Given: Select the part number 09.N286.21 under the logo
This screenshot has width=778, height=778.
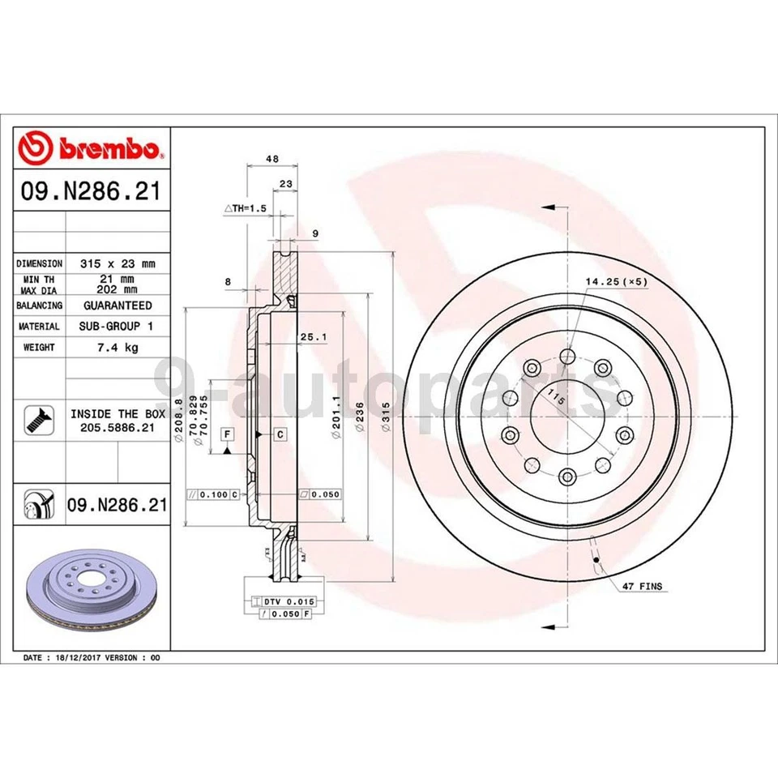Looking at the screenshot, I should [91, 193].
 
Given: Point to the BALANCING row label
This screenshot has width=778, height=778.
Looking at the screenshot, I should [39, 306].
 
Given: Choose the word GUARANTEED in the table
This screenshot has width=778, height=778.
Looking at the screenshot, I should [118, 306].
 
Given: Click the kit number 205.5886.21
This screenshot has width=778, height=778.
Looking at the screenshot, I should [118, 427].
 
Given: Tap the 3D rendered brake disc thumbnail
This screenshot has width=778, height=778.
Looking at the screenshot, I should [92, 589].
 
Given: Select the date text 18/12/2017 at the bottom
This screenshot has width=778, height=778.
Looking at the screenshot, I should [78, 657].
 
